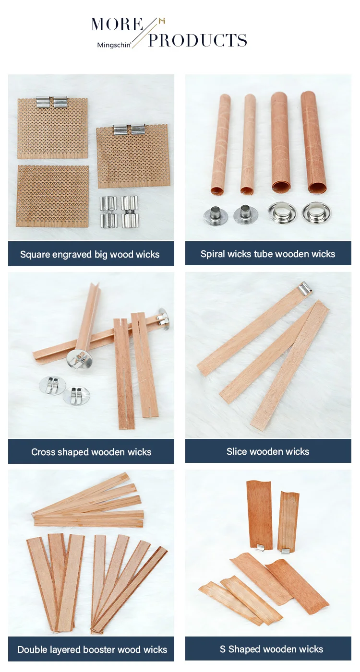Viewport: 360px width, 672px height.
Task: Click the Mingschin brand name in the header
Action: pos(114,45)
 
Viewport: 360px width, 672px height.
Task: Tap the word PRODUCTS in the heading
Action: pos(198,40)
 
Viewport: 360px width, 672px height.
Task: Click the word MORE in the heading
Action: pos(117,24)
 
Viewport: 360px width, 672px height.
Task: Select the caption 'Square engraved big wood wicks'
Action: pos(90,254)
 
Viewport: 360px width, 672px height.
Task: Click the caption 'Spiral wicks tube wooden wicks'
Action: pos(268,254)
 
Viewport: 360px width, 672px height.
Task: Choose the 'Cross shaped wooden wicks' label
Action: pos(91,452)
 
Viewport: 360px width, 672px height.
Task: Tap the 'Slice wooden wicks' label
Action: pos(268,451)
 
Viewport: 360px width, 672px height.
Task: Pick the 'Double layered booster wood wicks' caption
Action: pos(92,649)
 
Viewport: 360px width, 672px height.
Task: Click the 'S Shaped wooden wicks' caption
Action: pos(271,649)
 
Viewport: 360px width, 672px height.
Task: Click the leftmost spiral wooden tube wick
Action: pos(221,144)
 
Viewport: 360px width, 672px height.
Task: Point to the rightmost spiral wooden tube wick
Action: pos(313,141)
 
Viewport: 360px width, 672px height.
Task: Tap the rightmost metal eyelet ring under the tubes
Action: pos(315,212)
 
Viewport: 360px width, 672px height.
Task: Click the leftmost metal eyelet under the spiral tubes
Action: pos(215,215)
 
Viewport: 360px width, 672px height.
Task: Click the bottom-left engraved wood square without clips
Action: pos(53,196)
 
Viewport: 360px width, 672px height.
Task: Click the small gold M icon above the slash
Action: pos(162,21)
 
